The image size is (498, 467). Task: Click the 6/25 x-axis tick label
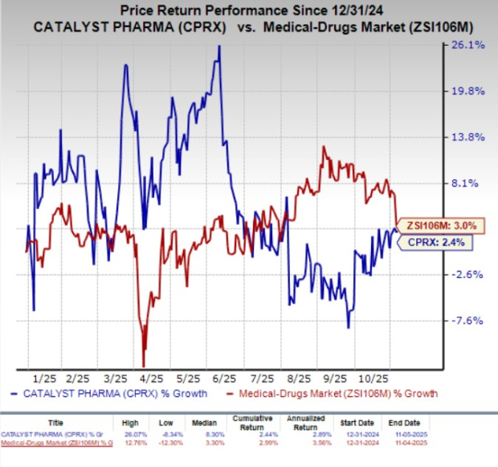(226, 377)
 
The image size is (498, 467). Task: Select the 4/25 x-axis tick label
(152, 377)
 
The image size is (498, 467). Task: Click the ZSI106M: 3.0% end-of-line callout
(433, 225)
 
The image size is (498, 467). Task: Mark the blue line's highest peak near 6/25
(219, 47)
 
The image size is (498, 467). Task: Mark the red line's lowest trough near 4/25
(144, 366)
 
